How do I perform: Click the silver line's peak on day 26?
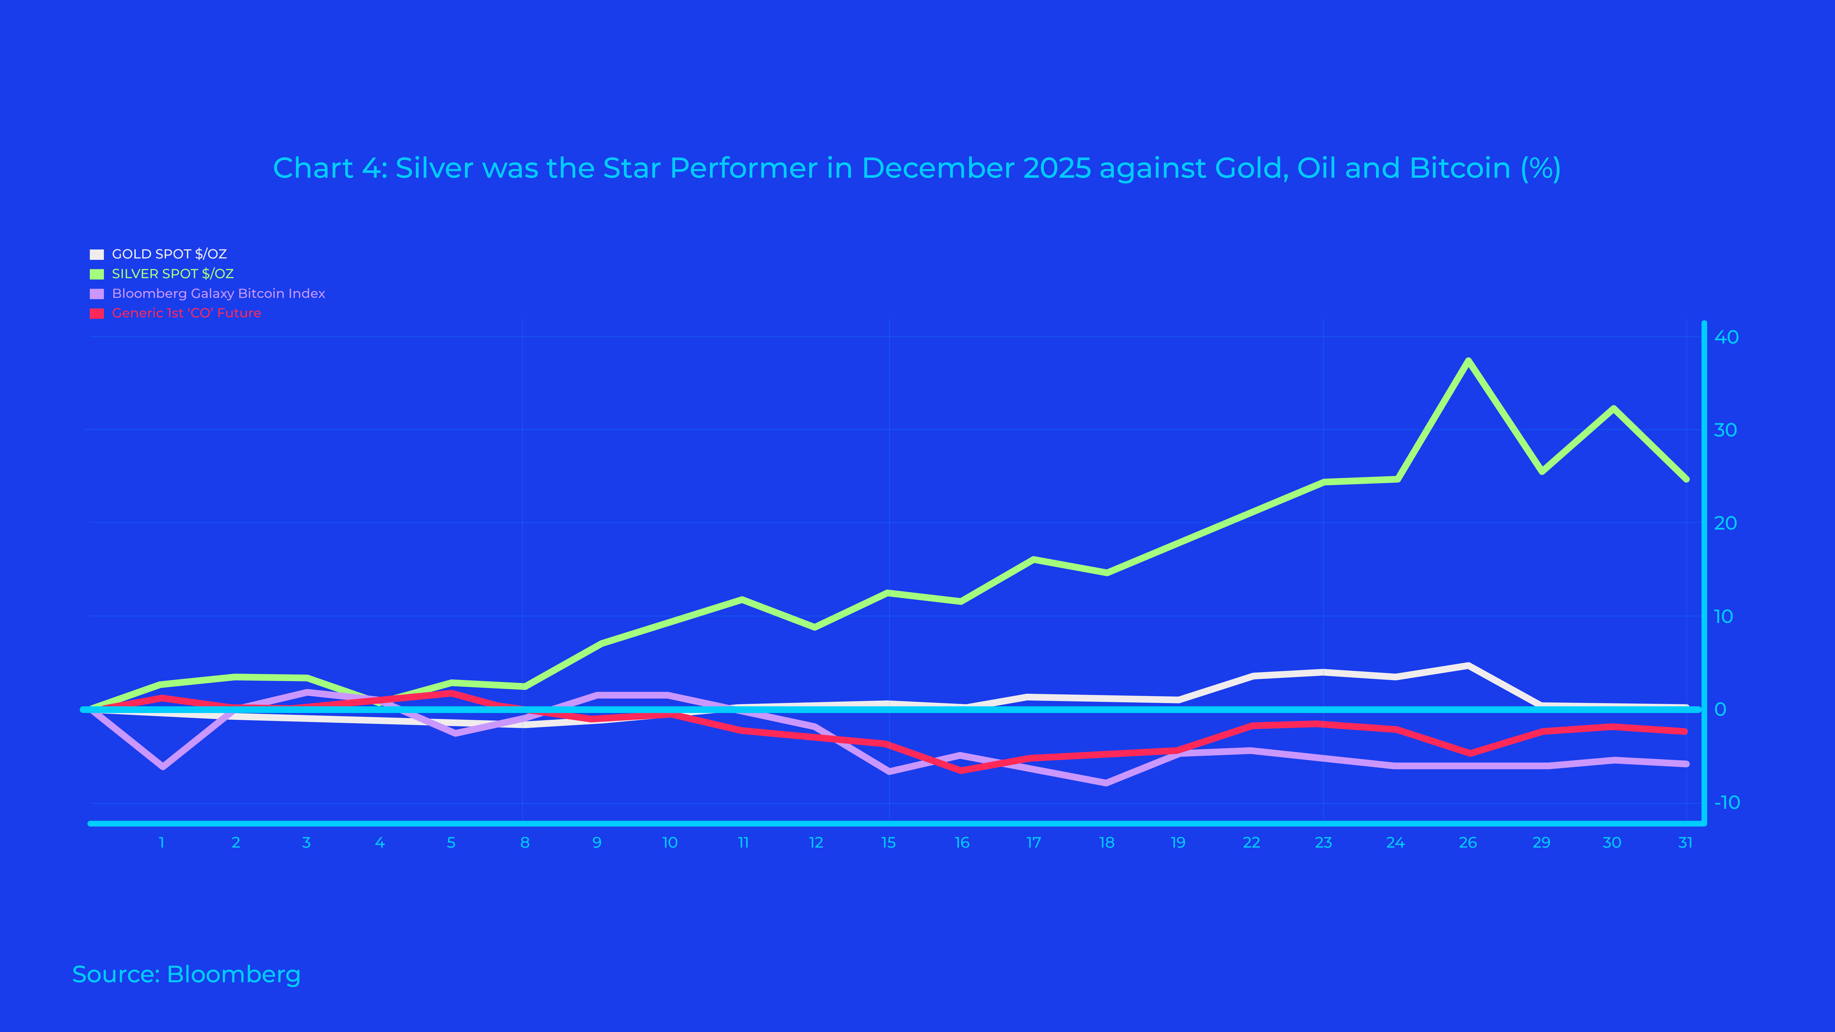point(1468,361)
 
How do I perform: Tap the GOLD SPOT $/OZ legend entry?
point(169,254)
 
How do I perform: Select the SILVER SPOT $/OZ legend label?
point(172,274)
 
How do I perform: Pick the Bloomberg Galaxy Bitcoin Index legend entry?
point(218,294)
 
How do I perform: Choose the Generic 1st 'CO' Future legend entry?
point(186,313)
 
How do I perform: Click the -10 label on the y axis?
point(1726,803)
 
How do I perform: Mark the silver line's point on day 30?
point(1613,408)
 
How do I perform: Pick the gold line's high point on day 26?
point(1468,665)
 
